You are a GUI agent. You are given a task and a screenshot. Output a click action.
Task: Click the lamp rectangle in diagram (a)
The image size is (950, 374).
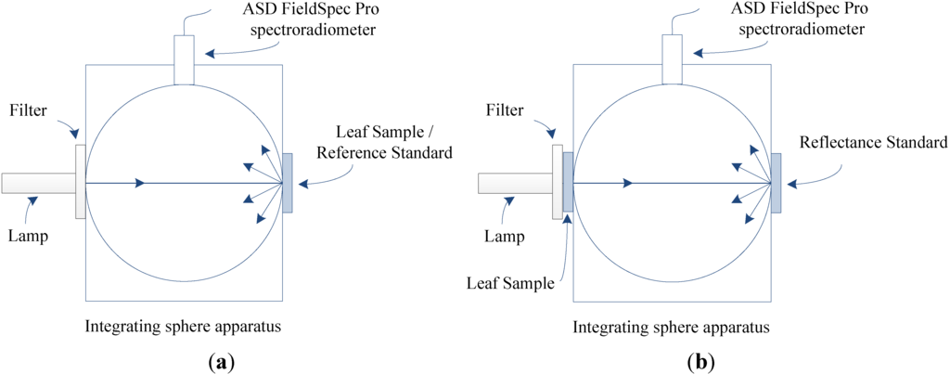pos(38,183)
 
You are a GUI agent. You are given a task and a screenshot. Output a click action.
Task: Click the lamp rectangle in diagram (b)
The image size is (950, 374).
pos(515,183)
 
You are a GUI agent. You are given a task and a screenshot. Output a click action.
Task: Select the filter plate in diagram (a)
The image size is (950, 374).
pos(81,182)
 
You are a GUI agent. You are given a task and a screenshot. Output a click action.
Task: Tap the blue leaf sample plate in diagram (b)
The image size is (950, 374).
pos(568,184)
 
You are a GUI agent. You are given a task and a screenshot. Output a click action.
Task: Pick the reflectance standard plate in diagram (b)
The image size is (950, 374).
pos(776,182)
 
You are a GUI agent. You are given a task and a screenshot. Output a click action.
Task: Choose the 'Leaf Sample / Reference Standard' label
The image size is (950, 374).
pos(384,141)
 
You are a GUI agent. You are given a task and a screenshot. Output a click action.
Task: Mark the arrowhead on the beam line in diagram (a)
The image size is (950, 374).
pos(139,183)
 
